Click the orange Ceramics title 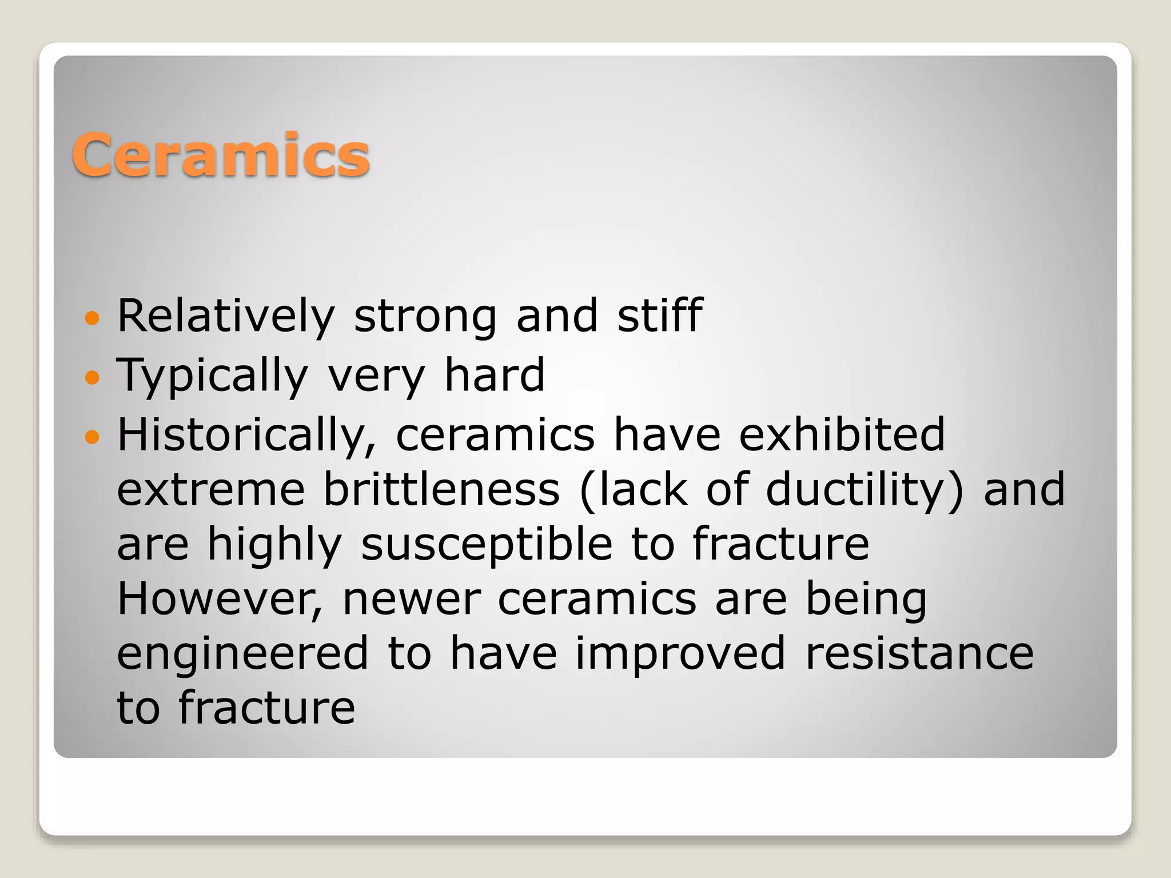pyautogui.click(x=221, y=155)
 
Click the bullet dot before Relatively pyautogui.click(x=92, y=318)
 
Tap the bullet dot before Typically pyautogui.click(x=92, y=378)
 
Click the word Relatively pyautogui.click(x=226, y=316)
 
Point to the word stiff pyautogui.click(x=659, y=316)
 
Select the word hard pyautogui.click(x=495, y=375)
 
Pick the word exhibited pyautogui.click(x=842, y=434)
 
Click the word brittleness pyautogui.click(x=441, y=490)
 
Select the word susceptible pyautogui.click(x=487, y=545)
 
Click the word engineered pyautogui.click(x=243, y=654)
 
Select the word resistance pyautogui.click(x=919, y=653)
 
